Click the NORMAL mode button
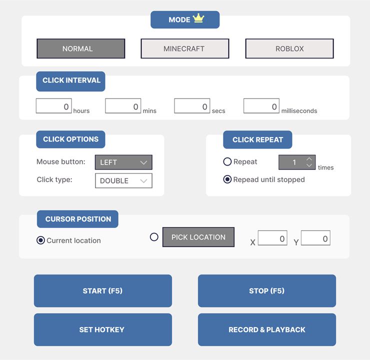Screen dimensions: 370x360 [x=80, y=48]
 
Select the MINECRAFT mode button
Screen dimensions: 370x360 [x=185, y=48]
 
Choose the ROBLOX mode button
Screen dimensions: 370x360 [x=289, y=48]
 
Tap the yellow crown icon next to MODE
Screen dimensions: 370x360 [x=198, y=18]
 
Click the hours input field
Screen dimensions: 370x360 [x=54, y=106]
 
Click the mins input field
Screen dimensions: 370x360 [x=123, y=106]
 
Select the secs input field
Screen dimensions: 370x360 [x=192, y=106]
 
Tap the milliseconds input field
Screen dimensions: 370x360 [x=261, y=106]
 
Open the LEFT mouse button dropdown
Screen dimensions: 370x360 [x=123, y=162]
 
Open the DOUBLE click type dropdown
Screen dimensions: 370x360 [x=123, y=180]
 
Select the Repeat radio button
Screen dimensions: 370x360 [x=227, y=161]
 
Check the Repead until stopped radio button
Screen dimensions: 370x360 [x=227, y=179]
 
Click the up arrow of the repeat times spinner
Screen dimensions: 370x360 [x=309, y=159]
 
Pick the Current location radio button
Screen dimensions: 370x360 [x=40, y=240]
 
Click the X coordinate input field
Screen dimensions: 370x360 [x=272, y=238]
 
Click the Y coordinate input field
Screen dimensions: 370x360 [x=315, y=238]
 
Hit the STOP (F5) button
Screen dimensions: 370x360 [x=267, y=291]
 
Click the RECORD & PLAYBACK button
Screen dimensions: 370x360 [x=267, y=330]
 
